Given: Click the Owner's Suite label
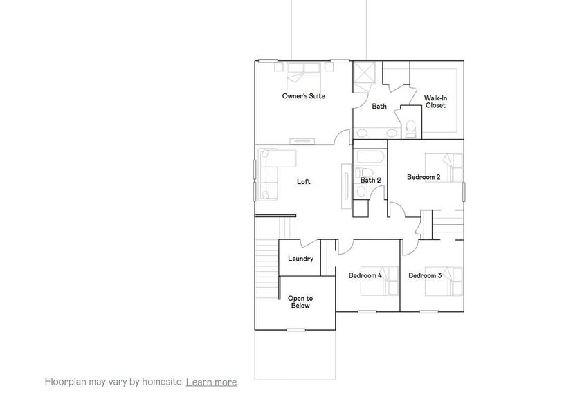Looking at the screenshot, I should (x=303, y=96).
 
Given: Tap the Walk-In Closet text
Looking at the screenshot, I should (x=435, y=102).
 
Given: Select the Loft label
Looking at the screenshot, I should (x=303, y=182).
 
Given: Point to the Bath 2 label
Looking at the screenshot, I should (x=370, y=180).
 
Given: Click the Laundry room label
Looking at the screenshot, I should (x=300, y=259).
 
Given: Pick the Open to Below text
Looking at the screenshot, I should (x=300, y=302).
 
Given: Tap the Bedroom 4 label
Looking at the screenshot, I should (x=365, y=275).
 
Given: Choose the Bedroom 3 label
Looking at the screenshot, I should (x=425, y=275).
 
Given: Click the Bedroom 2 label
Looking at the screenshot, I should (x=424, y=177).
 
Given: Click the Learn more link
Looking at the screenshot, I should (x=211, y=382).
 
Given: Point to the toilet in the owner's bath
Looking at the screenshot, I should (x=410, y=126).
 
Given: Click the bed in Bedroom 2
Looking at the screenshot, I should (x=445, y=167).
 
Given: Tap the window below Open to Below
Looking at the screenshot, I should (x=296, y=329).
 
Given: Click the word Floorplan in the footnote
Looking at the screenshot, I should (x=66, y=382).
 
